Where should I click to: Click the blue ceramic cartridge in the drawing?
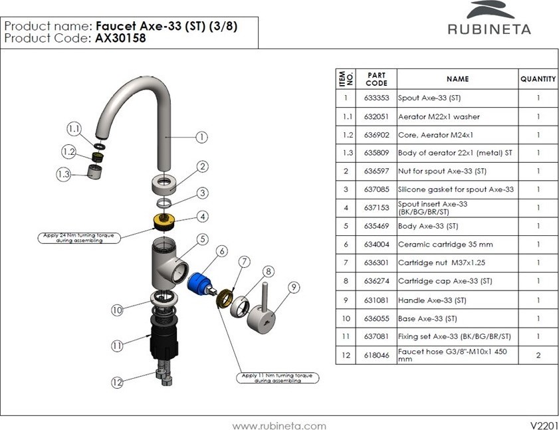coord(197,283)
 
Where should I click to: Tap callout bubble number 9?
coord(294,288)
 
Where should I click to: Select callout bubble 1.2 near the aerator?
coord(69,152)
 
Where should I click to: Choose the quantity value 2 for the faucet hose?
coord(538,356)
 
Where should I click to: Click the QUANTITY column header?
coord(538,79)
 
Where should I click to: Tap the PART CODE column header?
coord(376,79)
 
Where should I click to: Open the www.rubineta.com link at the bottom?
coord(279,425)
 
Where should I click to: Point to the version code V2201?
coord(543,425)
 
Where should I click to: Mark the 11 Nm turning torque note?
coord(277,377)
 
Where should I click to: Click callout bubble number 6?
coord(221,251)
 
